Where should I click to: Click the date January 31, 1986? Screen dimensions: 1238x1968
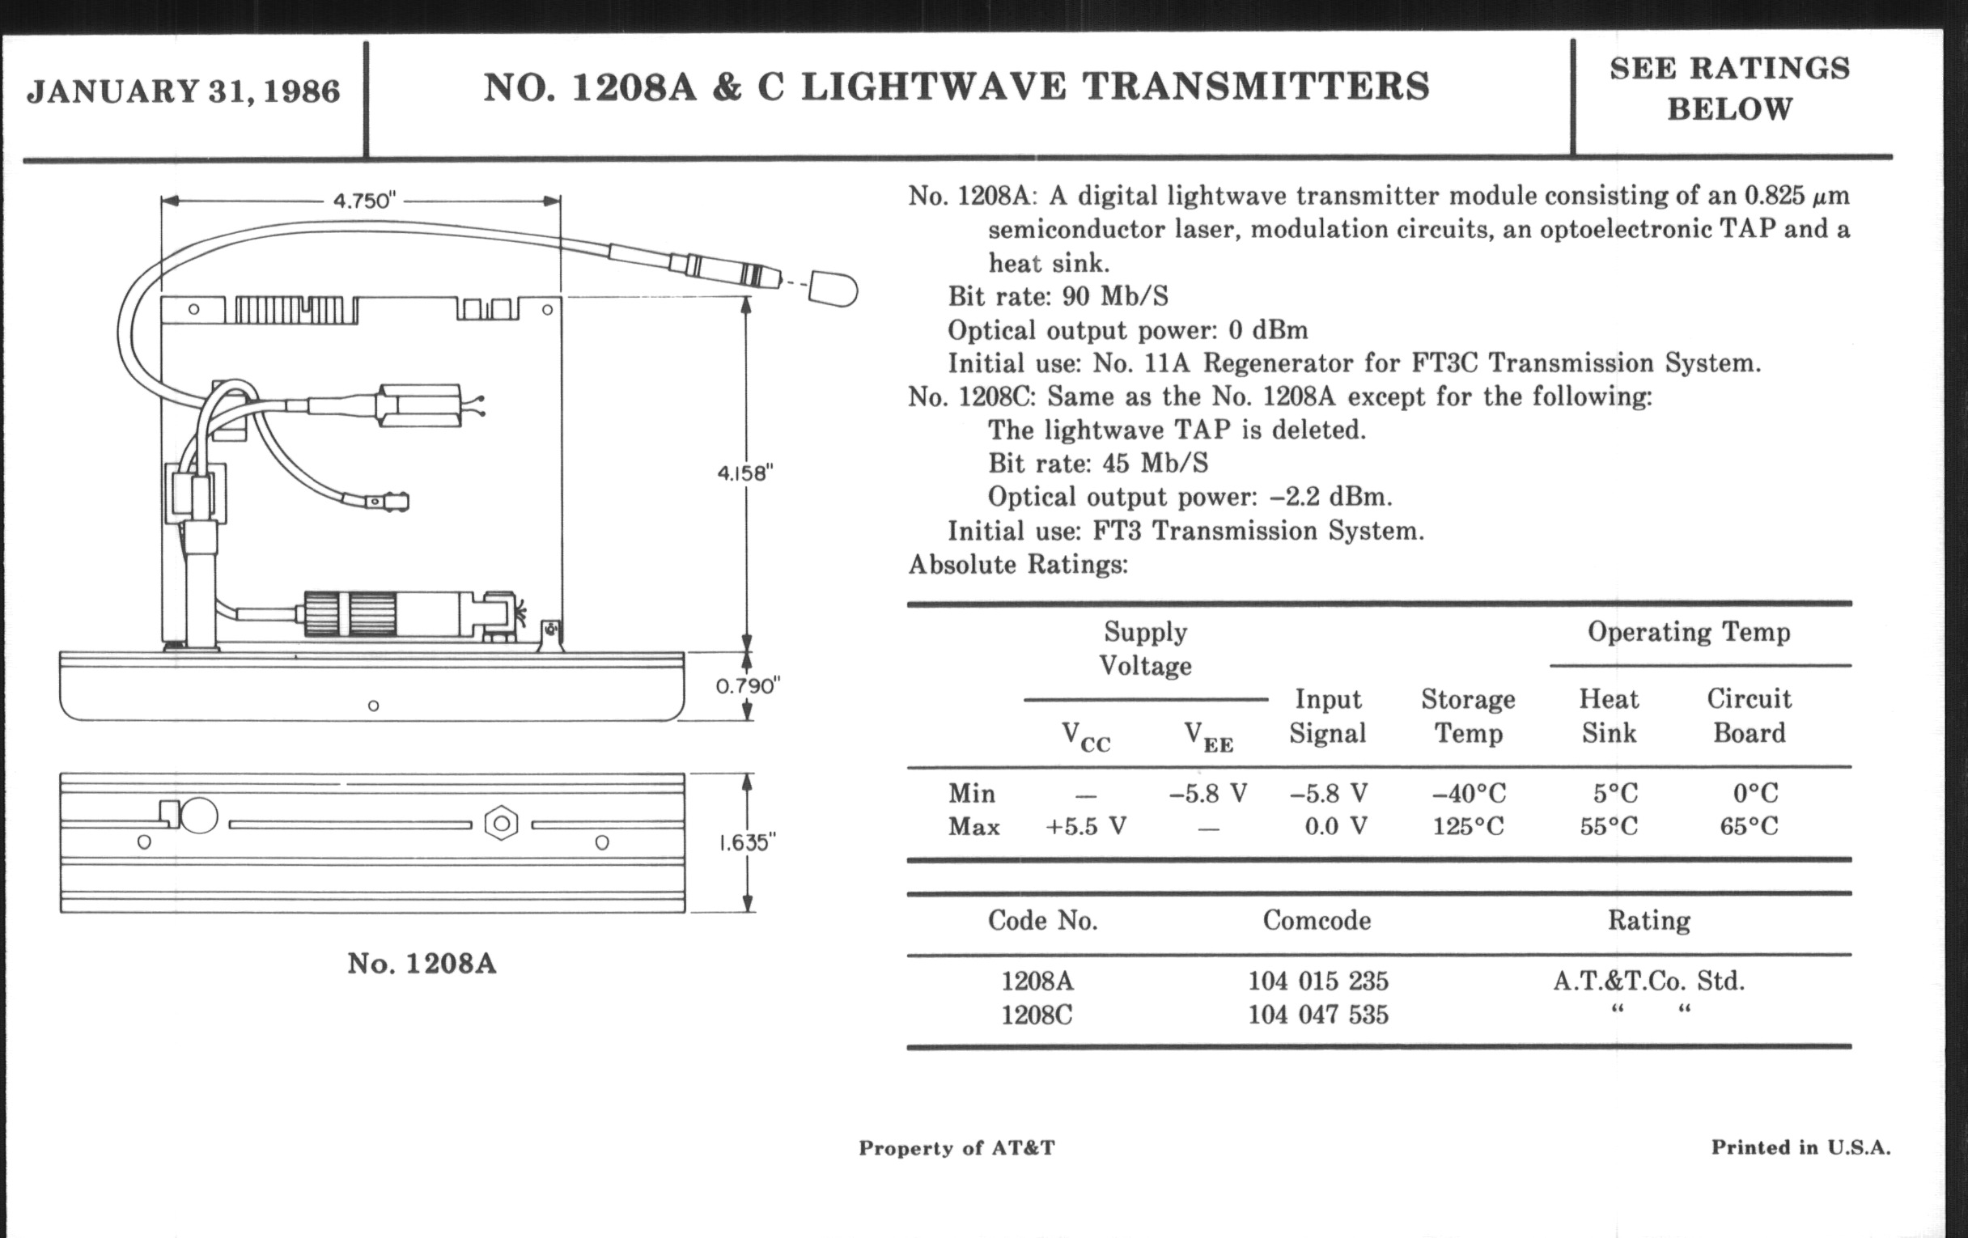[183, 91]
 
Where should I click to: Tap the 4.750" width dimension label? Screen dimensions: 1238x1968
[363, 200]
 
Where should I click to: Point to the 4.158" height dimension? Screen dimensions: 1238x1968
[744, 473]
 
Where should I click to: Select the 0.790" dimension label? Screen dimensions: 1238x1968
[747, 686]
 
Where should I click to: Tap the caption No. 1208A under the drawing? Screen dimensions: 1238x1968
[422, 964]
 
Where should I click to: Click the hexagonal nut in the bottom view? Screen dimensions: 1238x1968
[501, 823]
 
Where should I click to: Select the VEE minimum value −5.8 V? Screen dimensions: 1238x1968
[1208, 794]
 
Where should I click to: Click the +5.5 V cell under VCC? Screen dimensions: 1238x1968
[1086, 827]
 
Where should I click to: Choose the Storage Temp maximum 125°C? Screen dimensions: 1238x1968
[1468, 827]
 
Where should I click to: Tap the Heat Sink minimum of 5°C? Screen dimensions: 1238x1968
[1615, 794]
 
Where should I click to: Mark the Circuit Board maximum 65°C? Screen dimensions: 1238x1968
[1748, 827]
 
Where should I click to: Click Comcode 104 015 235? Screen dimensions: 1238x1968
[1317, 981]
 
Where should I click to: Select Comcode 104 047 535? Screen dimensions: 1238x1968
[1317, 1015]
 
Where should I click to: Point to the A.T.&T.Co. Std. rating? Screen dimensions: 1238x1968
[1648, 981]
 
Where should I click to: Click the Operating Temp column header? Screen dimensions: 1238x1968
[1689, 632]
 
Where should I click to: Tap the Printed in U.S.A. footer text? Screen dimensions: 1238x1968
[1800, 1148]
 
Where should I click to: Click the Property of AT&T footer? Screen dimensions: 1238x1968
[956, 1148]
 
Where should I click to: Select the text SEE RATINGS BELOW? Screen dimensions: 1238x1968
[1729, 88]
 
